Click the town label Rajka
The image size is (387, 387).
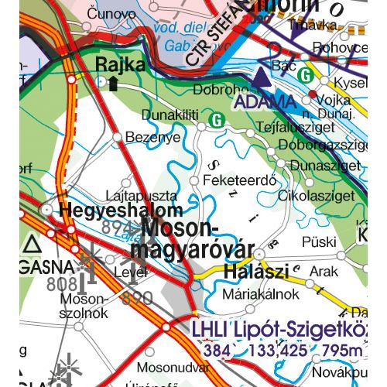pyautogui.click(x=120, y=65)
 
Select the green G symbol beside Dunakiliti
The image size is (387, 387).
pyautogui.click(x=217, y=120)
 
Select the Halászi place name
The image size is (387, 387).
pyautogui.click(x=255, y=272)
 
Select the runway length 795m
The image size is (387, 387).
pyautogui.click(x=341, y=351)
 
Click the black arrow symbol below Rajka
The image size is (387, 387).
pyautogui.click(x=113, y=84)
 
